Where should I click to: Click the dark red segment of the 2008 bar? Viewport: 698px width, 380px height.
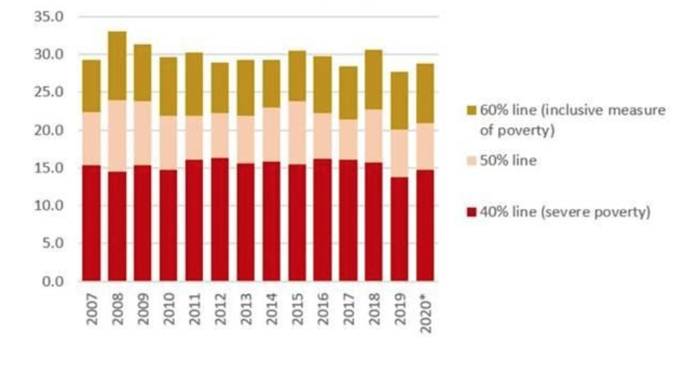point(117,227)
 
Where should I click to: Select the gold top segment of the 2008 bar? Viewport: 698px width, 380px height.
point(117,66)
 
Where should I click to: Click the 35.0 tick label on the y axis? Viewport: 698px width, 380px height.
point(49,16)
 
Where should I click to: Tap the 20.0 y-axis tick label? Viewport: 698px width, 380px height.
point(49,130)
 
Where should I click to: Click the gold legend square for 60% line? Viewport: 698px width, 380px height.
point(470,111)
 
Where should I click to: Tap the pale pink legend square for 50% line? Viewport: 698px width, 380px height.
point(470,161)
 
